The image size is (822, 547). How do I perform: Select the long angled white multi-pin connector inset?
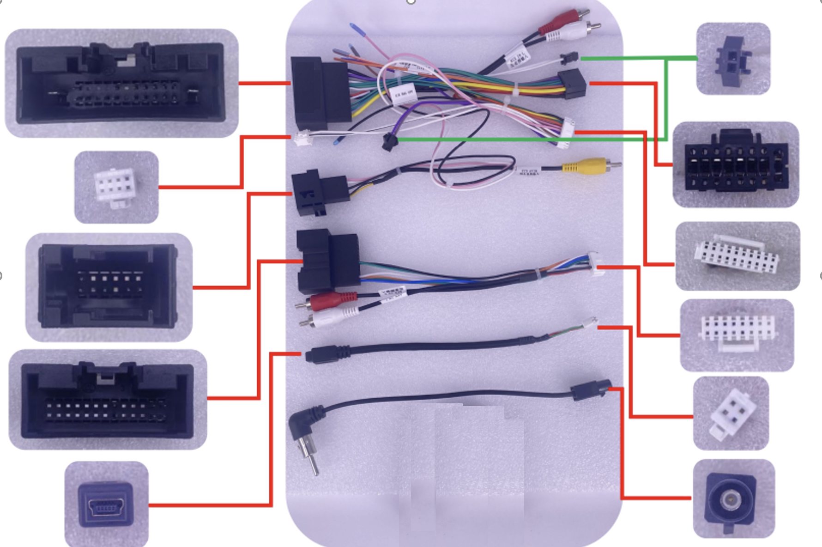[737, 256]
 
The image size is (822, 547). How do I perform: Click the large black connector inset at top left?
[121, 83]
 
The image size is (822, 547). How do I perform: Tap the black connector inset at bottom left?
[108, 400]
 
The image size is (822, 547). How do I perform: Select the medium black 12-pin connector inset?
[109, 286]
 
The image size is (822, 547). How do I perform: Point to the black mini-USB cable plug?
[328, 355]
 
